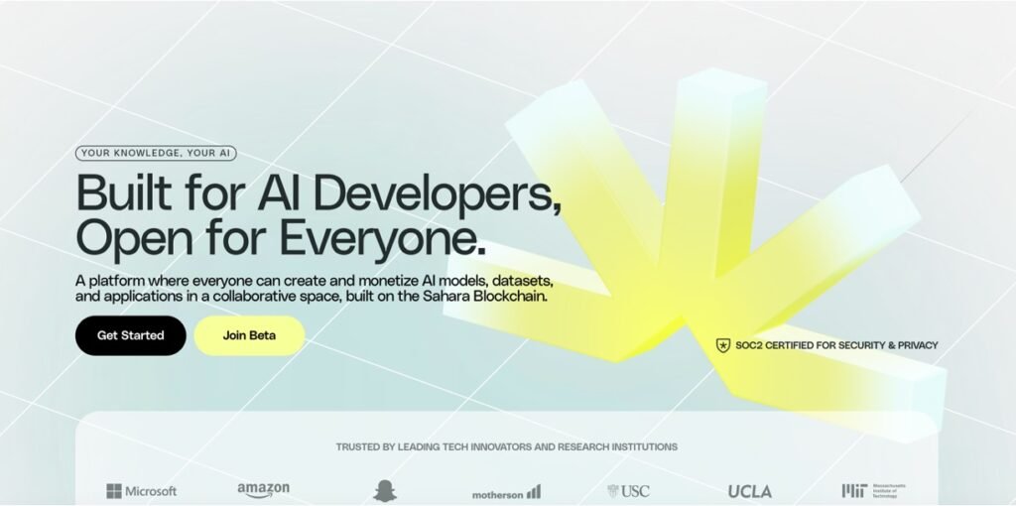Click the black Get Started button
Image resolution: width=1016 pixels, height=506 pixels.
point(130,335)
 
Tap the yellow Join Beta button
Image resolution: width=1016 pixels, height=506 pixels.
point(249,335)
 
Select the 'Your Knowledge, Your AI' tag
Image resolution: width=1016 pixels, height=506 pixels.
point(157,154)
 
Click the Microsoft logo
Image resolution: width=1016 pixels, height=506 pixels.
point(142,490)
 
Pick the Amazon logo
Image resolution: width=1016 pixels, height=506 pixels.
point(263,489)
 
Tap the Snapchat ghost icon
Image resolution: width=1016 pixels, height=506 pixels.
point(384,490)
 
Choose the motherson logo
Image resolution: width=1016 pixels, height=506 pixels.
point(506,492)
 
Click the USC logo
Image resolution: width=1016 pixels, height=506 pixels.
point(628,490)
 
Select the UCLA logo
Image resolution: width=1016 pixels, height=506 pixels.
point(749,491)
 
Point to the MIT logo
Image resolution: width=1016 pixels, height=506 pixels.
point(873,490)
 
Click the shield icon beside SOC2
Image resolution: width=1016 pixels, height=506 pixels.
point(722,345)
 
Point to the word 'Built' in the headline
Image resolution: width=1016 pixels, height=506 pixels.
point(121,192)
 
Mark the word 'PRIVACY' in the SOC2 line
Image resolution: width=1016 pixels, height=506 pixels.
point(913,345)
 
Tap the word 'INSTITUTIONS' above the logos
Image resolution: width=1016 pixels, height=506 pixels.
point(639,446)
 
